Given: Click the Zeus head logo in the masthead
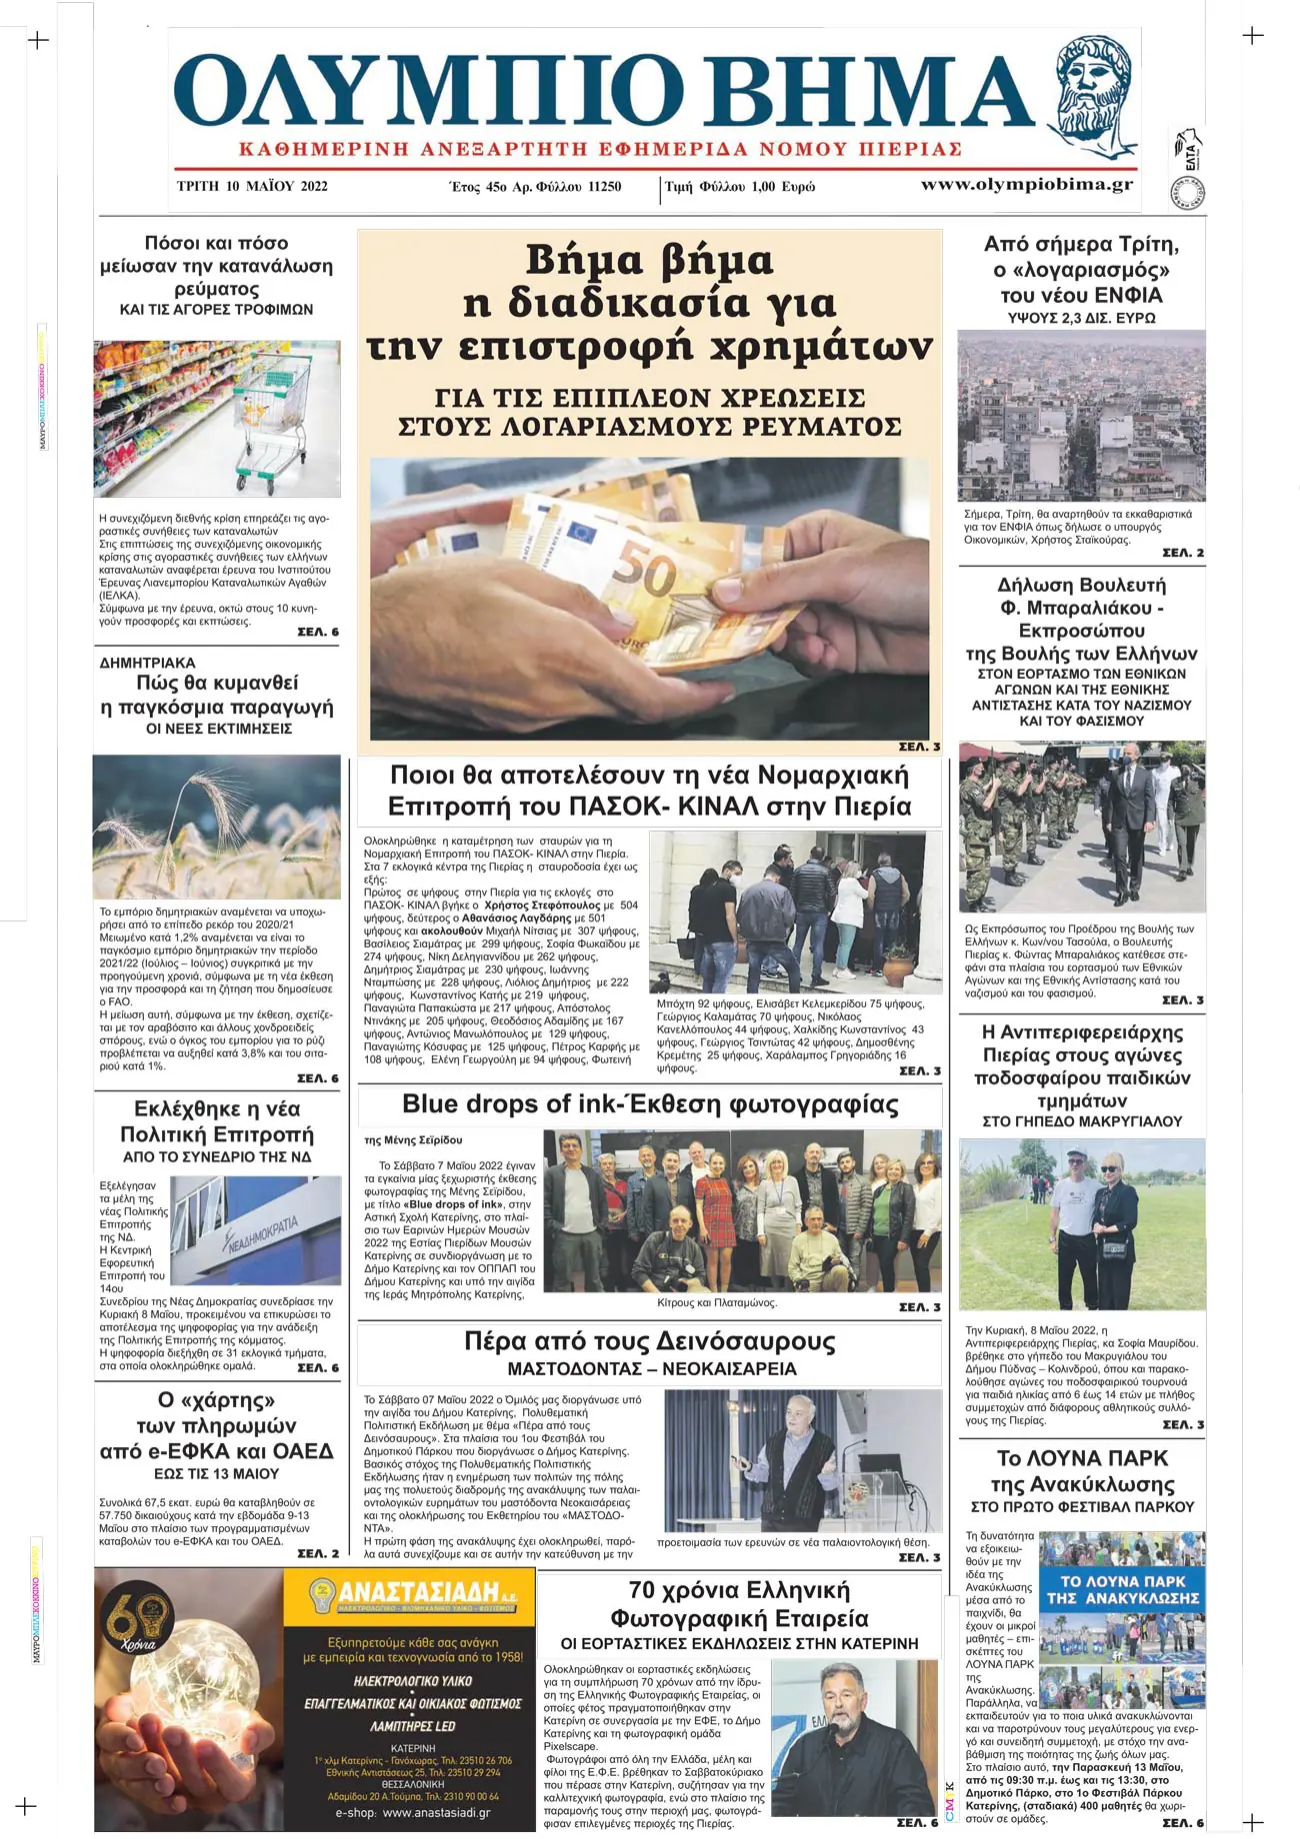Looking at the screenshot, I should click(1097, 95).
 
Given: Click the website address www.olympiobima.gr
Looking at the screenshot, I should click(1027, 184).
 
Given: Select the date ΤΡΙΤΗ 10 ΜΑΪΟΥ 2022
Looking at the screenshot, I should click(252, 186).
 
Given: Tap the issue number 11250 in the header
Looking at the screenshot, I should click(603, 187).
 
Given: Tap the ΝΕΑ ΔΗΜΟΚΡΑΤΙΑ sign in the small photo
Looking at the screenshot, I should click(262, 1236).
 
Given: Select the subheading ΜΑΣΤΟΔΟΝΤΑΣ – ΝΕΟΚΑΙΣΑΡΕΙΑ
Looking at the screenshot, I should click(651, 1369).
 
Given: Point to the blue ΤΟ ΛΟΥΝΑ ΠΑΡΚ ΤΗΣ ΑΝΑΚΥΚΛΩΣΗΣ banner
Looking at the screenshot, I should click(1122, 1589).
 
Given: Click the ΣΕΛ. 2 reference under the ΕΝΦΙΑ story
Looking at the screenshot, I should click(1182, 553).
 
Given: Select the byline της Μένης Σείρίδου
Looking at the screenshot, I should click(413, 1139).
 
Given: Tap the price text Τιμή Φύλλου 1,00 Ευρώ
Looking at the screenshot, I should click(740, 187).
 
